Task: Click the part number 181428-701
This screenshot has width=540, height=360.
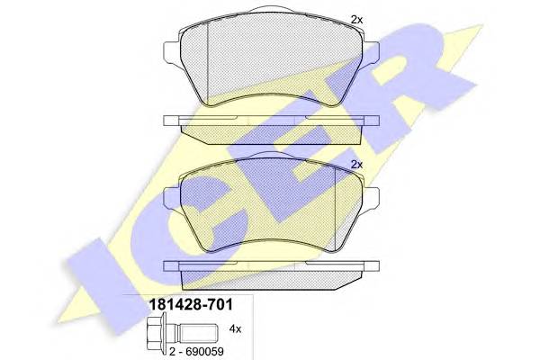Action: pyautogui.click(x=191, y=304)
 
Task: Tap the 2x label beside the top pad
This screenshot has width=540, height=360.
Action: pyautogui.click(x=356, y=20)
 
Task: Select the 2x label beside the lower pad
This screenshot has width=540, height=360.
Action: pyautogui.click(x=356, y=165)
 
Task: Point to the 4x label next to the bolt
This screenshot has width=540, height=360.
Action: pyautogui.click(x=235, y=329)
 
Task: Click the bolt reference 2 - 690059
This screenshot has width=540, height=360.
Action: pyautogui.click(x=196, y=351)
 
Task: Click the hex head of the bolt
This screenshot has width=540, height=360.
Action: pyautogui.click(x=155, y=329)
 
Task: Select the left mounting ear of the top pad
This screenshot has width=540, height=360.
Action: pyautogui.click(x=172, y=53)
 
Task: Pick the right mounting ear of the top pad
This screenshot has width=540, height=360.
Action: pyautogui.click(x=371, y=53)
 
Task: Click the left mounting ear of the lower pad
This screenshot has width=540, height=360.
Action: pyautogui.click(x=172, y=198)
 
